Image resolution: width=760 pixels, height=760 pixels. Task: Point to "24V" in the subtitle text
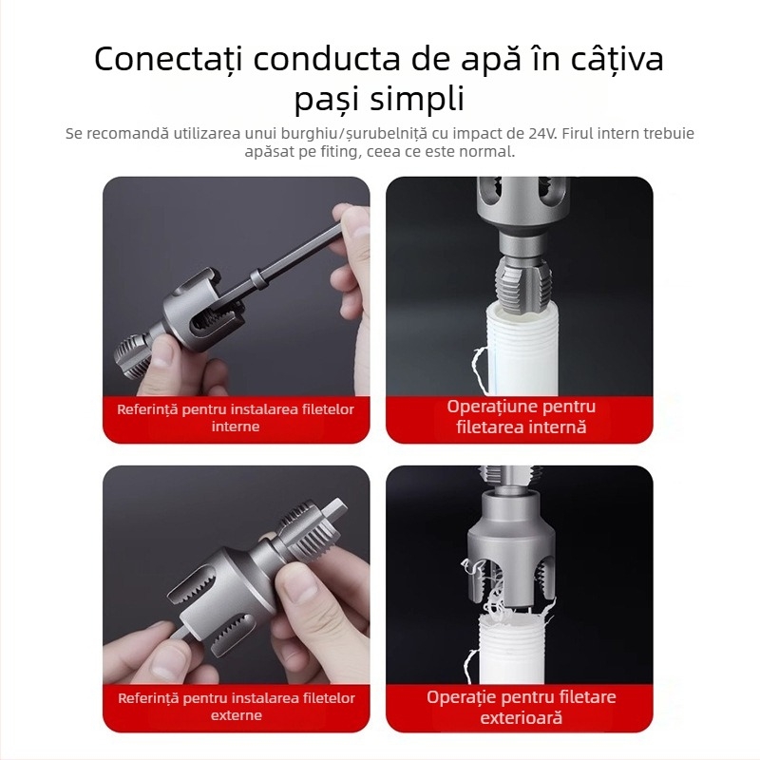point(538,133)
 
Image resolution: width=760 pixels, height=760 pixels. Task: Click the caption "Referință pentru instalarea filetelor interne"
point(236,418)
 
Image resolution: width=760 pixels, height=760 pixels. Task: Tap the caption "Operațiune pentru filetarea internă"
point(521,417)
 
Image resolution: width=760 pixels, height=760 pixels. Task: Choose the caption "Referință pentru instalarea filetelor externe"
point(236,707)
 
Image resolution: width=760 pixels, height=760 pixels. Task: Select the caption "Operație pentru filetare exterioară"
point(521,707)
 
